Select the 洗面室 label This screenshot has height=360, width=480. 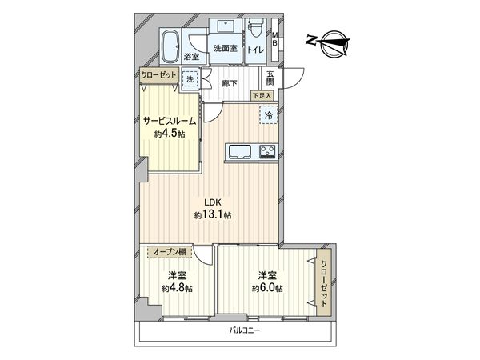coord(225,48)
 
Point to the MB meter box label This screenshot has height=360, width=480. coord(275,40)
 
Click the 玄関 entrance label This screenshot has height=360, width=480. coord(270,78)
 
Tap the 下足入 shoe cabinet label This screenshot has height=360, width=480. coord(262,96)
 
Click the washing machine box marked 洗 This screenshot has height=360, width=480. coord(190,79)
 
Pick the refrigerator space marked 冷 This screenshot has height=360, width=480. coord(268,116)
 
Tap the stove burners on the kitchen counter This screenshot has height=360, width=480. coord(266,151)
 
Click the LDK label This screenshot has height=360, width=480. coord(210,202)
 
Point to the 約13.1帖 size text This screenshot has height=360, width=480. coord(211,215)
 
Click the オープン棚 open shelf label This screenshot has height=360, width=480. coord(170,252)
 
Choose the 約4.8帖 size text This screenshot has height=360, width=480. coord(178,288)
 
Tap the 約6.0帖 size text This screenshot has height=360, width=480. coord(266,288)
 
